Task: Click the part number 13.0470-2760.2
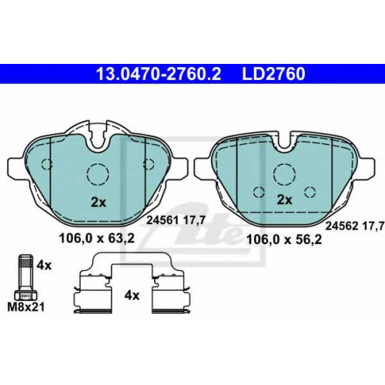[159, 74]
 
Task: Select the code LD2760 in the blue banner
[273, 74]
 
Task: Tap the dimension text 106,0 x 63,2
[97, 239]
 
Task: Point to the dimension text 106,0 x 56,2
[284, 240]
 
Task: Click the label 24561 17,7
[176, 220]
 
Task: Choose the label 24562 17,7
[355, 226]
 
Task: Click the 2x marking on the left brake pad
[99, 203]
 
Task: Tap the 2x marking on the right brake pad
[284, 199]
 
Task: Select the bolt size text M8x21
[26, 306]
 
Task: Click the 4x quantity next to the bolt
[44, 265]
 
